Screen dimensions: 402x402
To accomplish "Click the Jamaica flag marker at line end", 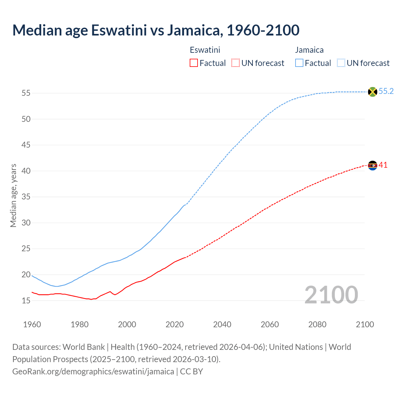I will (372, 92).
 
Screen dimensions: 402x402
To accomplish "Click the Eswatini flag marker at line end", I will (372, 165).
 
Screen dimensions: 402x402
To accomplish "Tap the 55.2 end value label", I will (386, 91).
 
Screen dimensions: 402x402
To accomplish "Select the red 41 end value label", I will (383, 165).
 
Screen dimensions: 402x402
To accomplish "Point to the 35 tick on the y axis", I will (26, 197).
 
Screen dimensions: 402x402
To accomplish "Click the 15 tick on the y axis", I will (26, 301).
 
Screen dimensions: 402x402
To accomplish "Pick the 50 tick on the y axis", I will (26, 119).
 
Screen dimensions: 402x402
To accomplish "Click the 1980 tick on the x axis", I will (79, 324).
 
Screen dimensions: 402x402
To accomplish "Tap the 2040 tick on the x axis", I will (222, 324).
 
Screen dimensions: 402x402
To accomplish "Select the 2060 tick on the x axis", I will (270, 324).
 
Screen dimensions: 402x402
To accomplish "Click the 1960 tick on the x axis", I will (32, 324).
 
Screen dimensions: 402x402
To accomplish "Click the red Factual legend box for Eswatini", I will (194, 63).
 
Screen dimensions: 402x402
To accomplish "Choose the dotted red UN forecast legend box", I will (236, 63).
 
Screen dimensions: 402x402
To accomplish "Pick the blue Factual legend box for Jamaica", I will (299, 63).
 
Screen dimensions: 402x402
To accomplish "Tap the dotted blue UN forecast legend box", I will (341, 63).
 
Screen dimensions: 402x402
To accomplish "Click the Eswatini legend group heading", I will (205, 50).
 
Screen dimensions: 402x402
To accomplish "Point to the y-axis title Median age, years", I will (13, 195).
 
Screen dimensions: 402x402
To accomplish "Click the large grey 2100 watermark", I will (331, 295).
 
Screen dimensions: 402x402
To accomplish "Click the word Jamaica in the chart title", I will (194, 30).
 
